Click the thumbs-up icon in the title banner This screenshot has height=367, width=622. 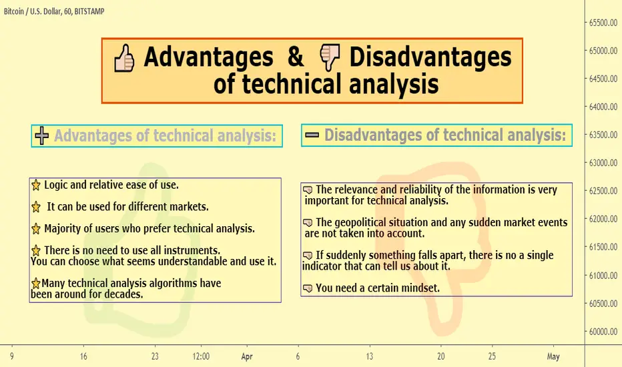tap(124, 58)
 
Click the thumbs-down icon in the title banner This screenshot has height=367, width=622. tap(330, 57)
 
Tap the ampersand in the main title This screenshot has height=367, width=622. tap(296, 56)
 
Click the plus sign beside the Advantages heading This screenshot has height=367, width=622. tap(41, 135)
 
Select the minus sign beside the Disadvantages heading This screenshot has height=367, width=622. tap(312, 135)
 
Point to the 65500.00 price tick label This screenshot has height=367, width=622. tap(603, 23)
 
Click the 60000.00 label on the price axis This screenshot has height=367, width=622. tap(603, 332)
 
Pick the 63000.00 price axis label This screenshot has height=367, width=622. tap(603, 163)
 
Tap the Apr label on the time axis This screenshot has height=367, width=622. tap(247, 357)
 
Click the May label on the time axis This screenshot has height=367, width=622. tap(553, 357)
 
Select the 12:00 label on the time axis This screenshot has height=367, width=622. tap(201, 356)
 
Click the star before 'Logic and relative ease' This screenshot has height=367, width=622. tap(35, 186)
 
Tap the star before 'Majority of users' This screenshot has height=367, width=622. tap(35, 229)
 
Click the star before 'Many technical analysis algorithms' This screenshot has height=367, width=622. tap(35, 284)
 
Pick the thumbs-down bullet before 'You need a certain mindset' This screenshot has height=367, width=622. tap(308, 288)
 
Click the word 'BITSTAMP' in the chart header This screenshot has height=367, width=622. tap(89, 11)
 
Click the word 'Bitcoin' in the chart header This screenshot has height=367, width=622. tap(14, 11)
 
